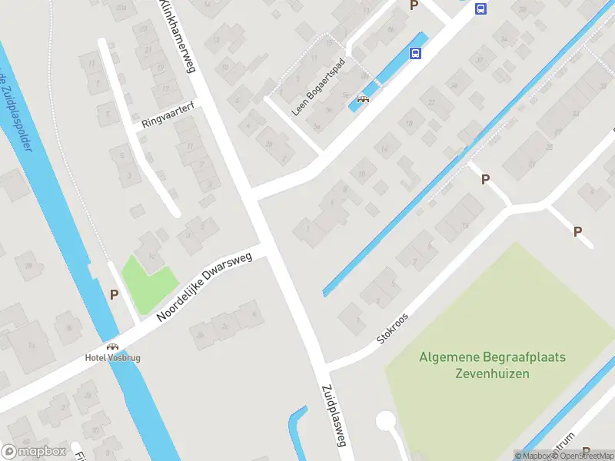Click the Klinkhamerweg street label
click(x=178, y=36)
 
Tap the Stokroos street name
click(x=392, y=327)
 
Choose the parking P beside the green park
click(x=115, y=294)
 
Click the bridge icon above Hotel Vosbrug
click(x=112, y=347)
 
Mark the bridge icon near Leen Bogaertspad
click(x=363, y=98)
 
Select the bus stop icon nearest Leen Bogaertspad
click(x=415, y=53)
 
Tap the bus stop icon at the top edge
click(x=481, y=9)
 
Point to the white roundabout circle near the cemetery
click(x=385, y=421)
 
